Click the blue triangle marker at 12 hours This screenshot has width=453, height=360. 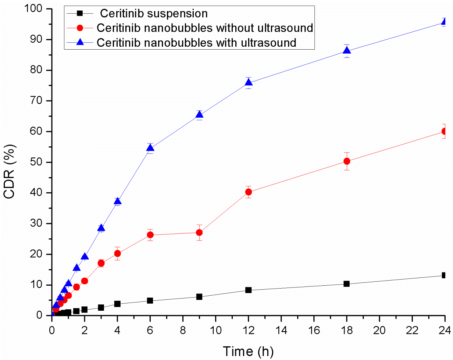tap(249, 82)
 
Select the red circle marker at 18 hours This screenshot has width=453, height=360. tap(347, 161)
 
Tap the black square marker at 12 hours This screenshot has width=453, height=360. tap(249, 290)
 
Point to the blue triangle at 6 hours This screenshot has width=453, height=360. tap(150, 148)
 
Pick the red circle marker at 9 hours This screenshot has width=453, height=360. tap(199, 232)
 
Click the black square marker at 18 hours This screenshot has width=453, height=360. tap(347, 284)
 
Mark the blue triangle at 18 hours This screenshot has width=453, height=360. tap(347, 51)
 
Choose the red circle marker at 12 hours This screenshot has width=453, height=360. tap(249, 192)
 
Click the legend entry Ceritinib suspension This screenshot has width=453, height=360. tap(154, 14)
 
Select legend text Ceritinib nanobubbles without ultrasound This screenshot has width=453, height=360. tap(205, 28)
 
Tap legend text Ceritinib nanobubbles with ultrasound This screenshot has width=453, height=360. tap(197, 42)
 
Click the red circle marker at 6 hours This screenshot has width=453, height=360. tap(150, 235)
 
